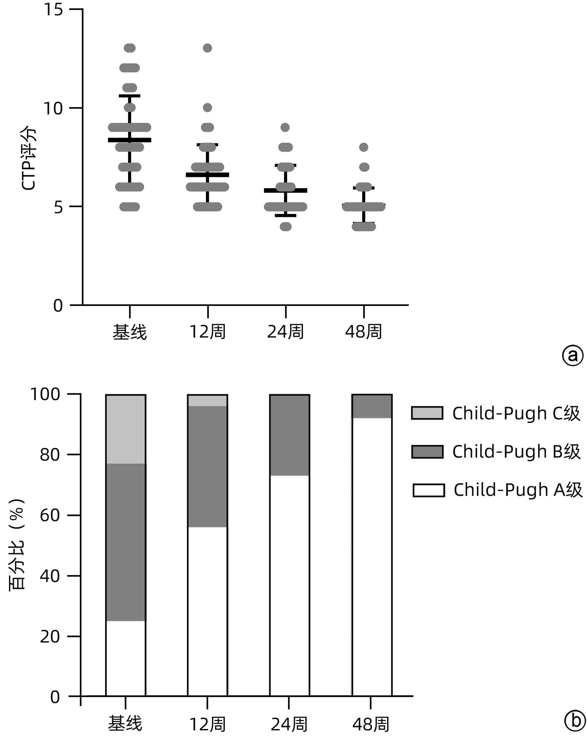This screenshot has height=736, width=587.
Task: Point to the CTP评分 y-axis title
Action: (28, 158)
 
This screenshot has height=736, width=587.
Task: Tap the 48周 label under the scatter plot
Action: (364, 332)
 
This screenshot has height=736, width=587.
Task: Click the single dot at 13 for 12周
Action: (208, 48)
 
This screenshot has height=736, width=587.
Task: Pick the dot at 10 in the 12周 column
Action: (208, 108)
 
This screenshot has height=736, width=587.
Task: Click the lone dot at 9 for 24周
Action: (285, 128)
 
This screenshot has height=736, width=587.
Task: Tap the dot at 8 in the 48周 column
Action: (364, 147)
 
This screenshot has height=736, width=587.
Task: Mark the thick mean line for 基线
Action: (129, 140)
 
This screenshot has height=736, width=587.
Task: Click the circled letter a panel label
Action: (572, 356)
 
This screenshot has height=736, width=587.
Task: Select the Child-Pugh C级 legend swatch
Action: (427, 413)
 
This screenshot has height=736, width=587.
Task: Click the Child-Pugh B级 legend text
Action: (516, 452)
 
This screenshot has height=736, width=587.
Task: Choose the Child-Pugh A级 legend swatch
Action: (428, 490)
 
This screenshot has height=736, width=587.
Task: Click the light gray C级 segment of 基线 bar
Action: (126, 429)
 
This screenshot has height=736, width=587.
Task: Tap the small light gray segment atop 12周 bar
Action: (207, 400)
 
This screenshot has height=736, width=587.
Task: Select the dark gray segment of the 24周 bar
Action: (289, 435)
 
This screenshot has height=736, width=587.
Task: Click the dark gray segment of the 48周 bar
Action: (371, 406)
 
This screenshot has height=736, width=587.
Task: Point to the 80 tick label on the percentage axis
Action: (50, 455)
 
